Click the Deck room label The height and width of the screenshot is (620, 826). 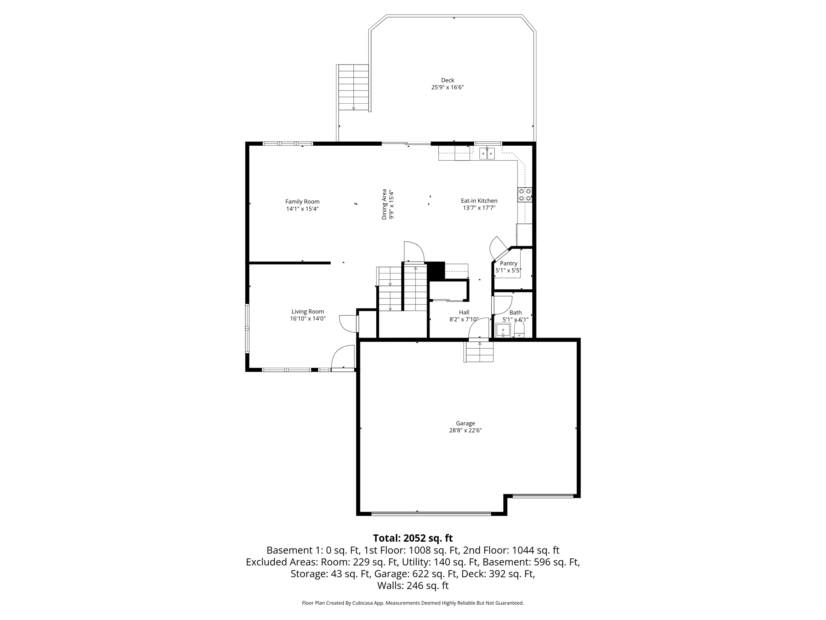tap(447, 80)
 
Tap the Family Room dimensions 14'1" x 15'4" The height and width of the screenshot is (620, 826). tap(302, 209)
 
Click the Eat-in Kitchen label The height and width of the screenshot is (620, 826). tap(479, 201)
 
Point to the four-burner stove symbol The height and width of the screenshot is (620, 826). tap(525, 195)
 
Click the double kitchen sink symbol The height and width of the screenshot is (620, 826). tap(487, 154)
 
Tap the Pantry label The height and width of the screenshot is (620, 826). tap(508, 263)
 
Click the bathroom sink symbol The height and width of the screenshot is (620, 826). tap(503, 330)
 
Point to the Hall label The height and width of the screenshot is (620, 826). tap(464, 312)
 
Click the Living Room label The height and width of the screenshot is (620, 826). tap(308, 312)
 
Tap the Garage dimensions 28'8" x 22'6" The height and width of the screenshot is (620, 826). tap(465, 430)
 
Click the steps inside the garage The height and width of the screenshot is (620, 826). tap(480, 352)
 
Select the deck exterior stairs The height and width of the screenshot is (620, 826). tap(354, 87)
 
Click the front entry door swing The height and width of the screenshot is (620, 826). tap(342, 357)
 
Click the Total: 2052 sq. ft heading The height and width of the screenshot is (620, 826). tap(413, 538)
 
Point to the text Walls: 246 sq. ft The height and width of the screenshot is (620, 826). tap(413, 585)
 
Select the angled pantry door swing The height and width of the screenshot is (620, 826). tap(497, 247)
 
